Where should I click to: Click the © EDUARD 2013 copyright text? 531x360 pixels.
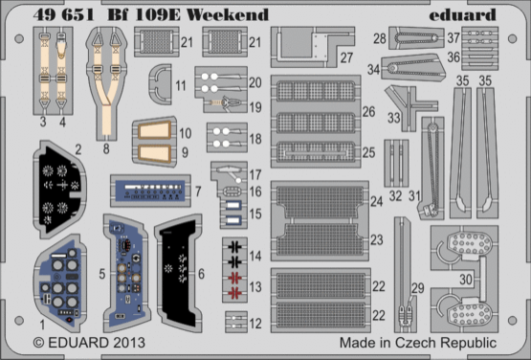(83, 342)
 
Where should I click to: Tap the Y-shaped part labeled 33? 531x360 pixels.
(405, 102)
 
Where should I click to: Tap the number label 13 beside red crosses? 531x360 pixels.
(254, 287)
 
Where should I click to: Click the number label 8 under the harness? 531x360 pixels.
(104, 149)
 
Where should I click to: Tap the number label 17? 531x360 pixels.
(255, 174)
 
